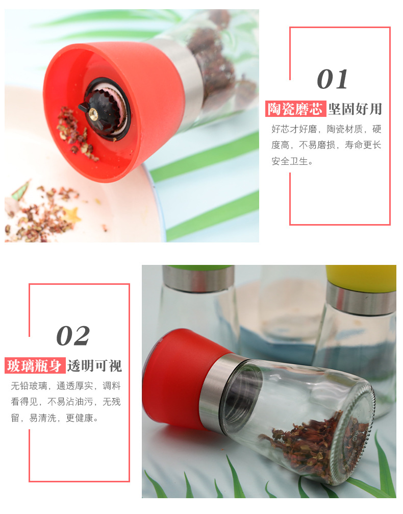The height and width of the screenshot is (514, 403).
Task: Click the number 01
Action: [x=332, y=79]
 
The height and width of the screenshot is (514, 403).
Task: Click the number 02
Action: [x=73, y=336]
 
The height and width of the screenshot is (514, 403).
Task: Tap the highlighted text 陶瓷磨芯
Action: [x=295, y=109]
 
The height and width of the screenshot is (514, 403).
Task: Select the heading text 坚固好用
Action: [x=355, y=109]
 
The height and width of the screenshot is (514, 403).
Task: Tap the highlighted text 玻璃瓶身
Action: [x=35, y=365]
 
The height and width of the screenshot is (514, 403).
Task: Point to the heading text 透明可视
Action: [x=95, y=365]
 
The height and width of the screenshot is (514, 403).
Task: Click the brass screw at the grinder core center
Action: [x=94, y=113]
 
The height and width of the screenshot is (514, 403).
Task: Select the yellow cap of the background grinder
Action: [x=361, y=277]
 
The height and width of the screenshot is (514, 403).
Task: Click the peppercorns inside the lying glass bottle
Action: [x=311, y=443]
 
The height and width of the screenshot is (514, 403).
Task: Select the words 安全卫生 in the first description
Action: [x=290, y=161]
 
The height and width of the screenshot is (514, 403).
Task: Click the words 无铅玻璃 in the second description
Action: [x=29, y=386]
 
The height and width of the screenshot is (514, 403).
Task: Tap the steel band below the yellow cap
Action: [x=361, y=298]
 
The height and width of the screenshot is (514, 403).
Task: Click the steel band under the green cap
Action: [x=198, y=279]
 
